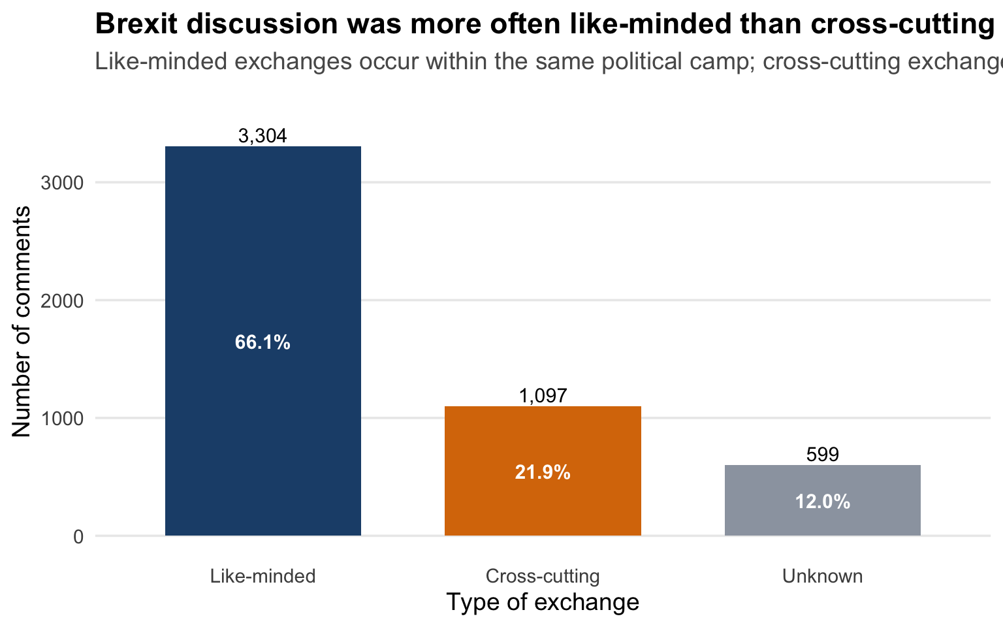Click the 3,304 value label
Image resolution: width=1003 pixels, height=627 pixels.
pos(263,136)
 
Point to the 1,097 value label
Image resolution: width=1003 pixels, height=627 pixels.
pos(543,396)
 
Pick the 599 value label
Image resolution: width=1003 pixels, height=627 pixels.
pos(822,455)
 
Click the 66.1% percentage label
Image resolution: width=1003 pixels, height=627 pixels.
pos(263,342)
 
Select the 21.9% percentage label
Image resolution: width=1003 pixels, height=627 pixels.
pos(543,472)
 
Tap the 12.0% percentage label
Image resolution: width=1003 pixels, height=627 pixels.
pos(822,502)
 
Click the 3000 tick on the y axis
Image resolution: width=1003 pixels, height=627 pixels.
pos(63,183)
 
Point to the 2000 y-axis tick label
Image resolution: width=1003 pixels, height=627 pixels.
pos(63,300)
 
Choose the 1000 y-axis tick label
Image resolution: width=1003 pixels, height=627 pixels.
pos(63,419)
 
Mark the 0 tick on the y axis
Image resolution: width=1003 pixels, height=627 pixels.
pos(78,537)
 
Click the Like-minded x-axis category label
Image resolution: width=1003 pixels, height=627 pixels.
pos(263,576)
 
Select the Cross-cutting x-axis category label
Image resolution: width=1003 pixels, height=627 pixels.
pos(543,576)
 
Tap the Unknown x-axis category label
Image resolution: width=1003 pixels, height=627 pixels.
pos(822,576)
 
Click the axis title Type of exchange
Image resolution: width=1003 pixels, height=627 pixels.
pos(543,602)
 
